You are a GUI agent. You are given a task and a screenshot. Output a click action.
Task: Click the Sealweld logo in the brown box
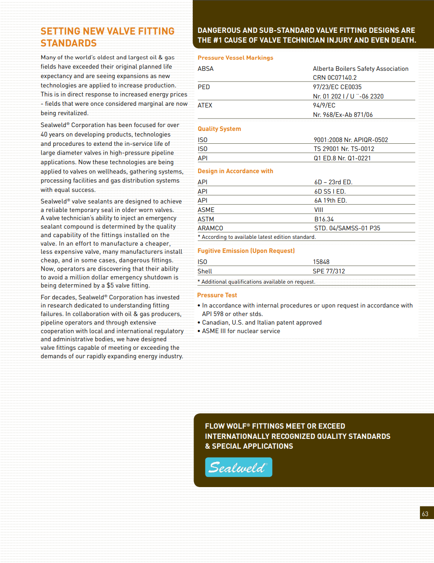(x=238, y=467)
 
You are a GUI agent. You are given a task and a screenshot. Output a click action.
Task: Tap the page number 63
(x=425, y=514)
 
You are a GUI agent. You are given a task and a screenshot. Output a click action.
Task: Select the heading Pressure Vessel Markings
(x=235, y=58)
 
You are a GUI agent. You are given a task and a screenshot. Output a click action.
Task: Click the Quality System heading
(x=219, y=129)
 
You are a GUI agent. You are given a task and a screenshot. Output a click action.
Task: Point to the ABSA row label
(x=205, y=69)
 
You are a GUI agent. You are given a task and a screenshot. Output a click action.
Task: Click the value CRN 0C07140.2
(x=335, y=78)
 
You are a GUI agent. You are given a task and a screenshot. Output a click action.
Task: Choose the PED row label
(x=204, y=87)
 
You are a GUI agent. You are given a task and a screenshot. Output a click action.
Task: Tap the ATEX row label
(x=205, y=105)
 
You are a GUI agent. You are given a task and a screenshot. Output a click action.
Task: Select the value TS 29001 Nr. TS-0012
(x=344, y=149)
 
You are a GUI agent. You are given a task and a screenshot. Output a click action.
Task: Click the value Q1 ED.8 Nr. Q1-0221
(x=342, y=158)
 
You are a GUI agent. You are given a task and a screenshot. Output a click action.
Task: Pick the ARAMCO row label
(x=210, y=228)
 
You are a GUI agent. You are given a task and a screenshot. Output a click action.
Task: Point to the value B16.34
(x=324, y=219)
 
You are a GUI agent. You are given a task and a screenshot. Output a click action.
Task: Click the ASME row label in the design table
(x=206, y=210)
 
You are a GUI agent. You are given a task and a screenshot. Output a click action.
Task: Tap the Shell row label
(x=205, y=271)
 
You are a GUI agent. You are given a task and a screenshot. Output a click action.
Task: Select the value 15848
(x=321, y=262)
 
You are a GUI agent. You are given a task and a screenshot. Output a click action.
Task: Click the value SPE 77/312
(x=329, y=271)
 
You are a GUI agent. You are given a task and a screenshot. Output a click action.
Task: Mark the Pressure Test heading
(x=217, y=295)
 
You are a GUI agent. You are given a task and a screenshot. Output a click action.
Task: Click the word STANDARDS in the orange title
(x=69, y=43)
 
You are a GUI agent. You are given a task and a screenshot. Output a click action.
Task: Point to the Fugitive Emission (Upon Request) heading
(x=246, y=251)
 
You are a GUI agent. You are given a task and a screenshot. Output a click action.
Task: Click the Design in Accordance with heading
(x=235, y=171)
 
